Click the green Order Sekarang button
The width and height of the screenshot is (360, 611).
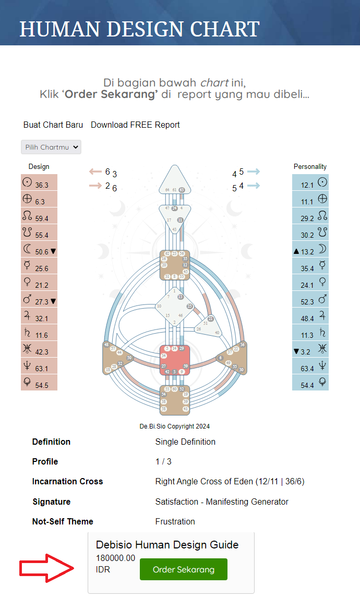pos(184,569)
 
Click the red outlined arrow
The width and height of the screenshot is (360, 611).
pos(47,568)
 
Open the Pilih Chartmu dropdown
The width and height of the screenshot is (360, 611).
pos(51,147)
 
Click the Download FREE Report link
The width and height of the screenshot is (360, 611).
pos(135,125)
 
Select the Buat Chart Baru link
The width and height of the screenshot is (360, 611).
pos(54,125)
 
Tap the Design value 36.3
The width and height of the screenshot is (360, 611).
pos(42,185)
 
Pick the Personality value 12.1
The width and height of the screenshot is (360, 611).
pos(307,185)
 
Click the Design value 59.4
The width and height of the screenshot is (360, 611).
pos(42,218)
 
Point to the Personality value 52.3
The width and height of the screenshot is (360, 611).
pos(307,301)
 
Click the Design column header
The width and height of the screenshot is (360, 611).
pos(39,167)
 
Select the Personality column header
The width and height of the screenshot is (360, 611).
pos(310,167)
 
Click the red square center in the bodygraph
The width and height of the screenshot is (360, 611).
pos(174,359)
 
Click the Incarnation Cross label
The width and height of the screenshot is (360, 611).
pos(67,481)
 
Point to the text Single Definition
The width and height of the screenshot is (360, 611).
pos(185,442)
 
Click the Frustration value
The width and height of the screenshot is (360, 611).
pos(175,521)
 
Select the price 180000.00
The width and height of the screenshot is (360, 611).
pos(115,558)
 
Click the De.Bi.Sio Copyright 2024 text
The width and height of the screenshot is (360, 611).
pos(174,426)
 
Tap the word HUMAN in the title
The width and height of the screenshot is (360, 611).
pos(61,29)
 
